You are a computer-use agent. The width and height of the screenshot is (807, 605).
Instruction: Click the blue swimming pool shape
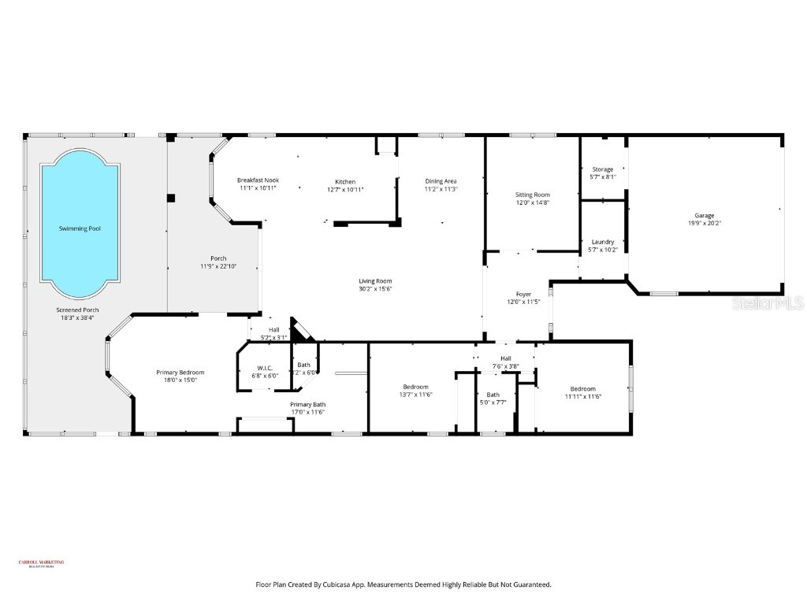coord(79,225)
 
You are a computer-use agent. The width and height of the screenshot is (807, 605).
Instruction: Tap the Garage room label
coord(704,215)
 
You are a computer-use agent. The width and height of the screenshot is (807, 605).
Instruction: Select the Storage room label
coord(603,169)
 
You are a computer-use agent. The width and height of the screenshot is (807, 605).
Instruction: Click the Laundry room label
coord(603,242)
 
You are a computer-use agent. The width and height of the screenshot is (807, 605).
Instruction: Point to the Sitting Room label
coord(533,195)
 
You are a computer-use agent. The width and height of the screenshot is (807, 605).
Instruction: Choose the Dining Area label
coord(441,181)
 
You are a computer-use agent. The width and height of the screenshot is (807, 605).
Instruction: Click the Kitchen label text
coord(345,181)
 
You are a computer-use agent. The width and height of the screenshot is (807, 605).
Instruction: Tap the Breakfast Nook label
coord(258,180)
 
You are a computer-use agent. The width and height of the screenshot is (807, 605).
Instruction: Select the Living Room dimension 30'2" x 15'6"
coord(375,289)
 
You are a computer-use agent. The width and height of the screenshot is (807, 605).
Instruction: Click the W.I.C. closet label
coord(264,368)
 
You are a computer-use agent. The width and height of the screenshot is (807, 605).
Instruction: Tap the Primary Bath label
coord(307,404)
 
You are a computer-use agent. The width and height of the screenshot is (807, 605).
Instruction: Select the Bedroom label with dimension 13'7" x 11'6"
coord(415,387)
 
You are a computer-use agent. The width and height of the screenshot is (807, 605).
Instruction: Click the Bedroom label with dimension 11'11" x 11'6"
coord(582,389)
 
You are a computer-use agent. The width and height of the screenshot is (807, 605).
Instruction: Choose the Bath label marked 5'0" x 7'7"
coord(493,395)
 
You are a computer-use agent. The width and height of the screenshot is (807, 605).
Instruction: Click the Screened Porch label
coord(77,310)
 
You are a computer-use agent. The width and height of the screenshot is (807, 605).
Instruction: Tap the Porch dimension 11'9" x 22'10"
coord(218,266)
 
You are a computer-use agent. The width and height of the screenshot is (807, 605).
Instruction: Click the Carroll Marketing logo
coord(41,563)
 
